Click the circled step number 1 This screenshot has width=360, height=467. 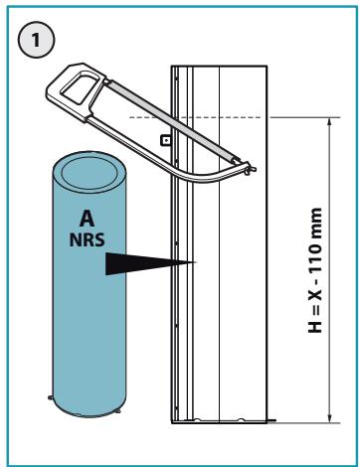(36, 40)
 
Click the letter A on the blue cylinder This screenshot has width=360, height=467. (88, 219)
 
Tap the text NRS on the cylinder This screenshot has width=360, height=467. (87, 239)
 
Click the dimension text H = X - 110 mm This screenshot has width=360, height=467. (314, 270)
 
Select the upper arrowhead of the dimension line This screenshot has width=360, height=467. (329, 122)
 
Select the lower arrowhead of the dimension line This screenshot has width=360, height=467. (329, 418)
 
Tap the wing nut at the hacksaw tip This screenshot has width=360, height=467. (251, 169)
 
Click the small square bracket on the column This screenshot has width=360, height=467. (165, 140)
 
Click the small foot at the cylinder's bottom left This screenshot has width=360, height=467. (50, 396)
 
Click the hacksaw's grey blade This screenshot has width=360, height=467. (172, 121)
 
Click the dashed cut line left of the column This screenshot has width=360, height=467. (150, 117)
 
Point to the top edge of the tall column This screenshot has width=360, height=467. (219, 66)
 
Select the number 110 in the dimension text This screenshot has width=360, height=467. (314, 258)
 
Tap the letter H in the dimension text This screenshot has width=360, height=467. (314, 327)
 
